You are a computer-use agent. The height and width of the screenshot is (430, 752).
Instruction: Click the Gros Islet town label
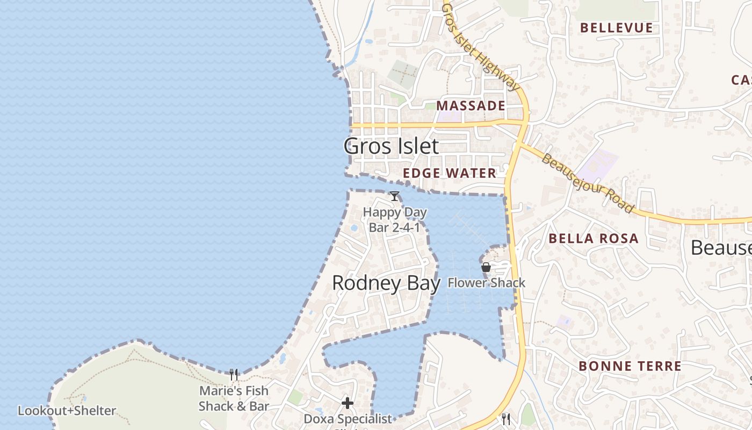[391, 146]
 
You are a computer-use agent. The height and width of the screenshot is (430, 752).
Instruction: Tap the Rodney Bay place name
[386, 283]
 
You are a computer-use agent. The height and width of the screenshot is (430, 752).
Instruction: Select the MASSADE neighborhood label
[471, 105]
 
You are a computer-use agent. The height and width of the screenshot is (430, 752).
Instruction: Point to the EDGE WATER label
[450, 173]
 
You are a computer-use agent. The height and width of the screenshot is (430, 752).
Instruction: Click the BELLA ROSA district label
[594, 239]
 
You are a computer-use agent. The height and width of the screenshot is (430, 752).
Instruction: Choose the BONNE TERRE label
[630, 366]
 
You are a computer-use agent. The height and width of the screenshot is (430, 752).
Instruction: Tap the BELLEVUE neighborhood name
[617, 28]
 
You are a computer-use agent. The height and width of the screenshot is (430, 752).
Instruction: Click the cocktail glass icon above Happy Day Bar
[394, 196]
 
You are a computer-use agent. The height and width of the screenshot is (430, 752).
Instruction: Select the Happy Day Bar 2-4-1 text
[395, 220]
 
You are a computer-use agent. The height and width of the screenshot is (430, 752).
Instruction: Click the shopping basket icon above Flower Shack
[486, 267]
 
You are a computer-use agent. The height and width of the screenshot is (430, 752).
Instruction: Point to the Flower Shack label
[487, 283]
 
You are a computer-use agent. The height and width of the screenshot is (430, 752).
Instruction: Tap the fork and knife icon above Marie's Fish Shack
[234, 374]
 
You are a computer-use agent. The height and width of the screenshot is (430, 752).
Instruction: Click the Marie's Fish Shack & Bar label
[234, 398]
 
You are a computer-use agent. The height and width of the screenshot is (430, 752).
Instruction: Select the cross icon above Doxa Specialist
[348, 403]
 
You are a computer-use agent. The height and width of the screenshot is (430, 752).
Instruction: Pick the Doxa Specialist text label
[348, 419]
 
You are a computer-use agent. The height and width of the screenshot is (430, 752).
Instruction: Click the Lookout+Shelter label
[67, 411]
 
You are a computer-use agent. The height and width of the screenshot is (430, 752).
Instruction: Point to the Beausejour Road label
[588, 183]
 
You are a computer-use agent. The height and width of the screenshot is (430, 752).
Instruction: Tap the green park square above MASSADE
[402, 73]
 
